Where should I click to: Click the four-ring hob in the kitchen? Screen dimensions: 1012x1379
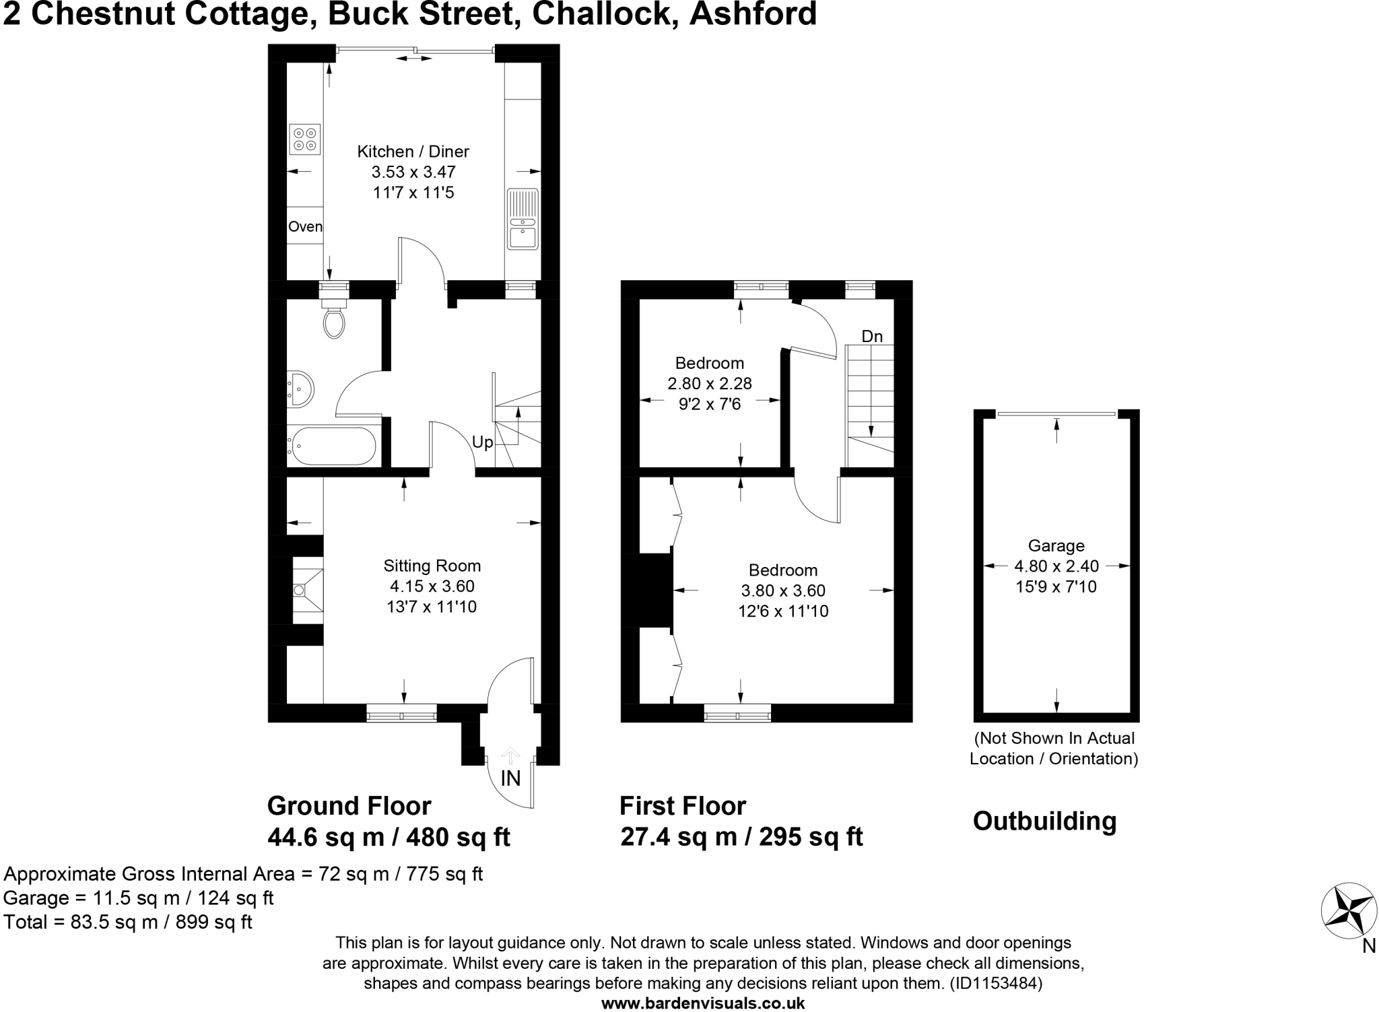tap(304, 139)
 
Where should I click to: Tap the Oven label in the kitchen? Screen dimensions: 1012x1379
tap(305, 227)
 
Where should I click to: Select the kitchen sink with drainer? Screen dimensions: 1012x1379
tap(523, 219)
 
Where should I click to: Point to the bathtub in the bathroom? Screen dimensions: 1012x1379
tap(332, 445)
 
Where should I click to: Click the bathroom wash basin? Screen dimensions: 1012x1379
tap(300, 389)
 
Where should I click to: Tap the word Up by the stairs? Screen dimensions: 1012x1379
tap(482, 442)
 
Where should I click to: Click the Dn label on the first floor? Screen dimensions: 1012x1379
tap(872, 336)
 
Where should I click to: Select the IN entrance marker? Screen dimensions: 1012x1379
tap(510, 778)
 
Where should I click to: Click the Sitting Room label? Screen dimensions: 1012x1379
tap(432, 566)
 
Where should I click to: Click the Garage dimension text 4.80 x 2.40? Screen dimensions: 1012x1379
tap(1056, 566)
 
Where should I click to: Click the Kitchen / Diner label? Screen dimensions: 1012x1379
tap(413, 151)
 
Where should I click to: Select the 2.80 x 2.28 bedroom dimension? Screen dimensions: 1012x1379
tap(709, 384)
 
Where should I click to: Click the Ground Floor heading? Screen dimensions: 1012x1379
tap(349, 805)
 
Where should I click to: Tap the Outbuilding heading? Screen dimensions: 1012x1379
tap(1044, 821)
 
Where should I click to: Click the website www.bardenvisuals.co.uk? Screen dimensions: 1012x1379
tap(702, 1003)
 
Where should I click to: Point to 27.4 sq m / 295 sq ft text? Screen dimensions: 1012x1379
tap(741, 837)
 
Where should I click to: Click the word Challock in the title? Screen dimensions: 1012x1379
tap(605, 13)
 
